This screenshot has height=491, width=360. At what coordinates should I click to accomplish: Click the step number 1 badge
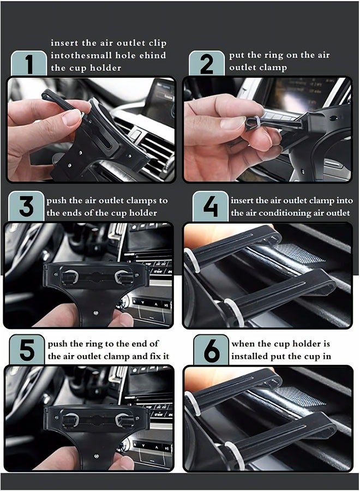[x=29, y=64]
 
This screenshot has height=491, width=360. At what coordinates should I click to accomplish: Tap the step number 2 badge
[x=207, y=64]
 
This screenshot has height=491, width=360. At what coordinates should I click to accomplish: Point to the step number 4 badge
[x=210, y=207]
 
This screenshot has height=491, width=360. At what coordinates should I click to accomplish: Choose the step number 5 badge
[x=27, y=350]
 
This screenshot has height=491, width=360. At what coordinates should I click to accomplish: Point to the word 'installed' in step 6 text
[x=250, y=356]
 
